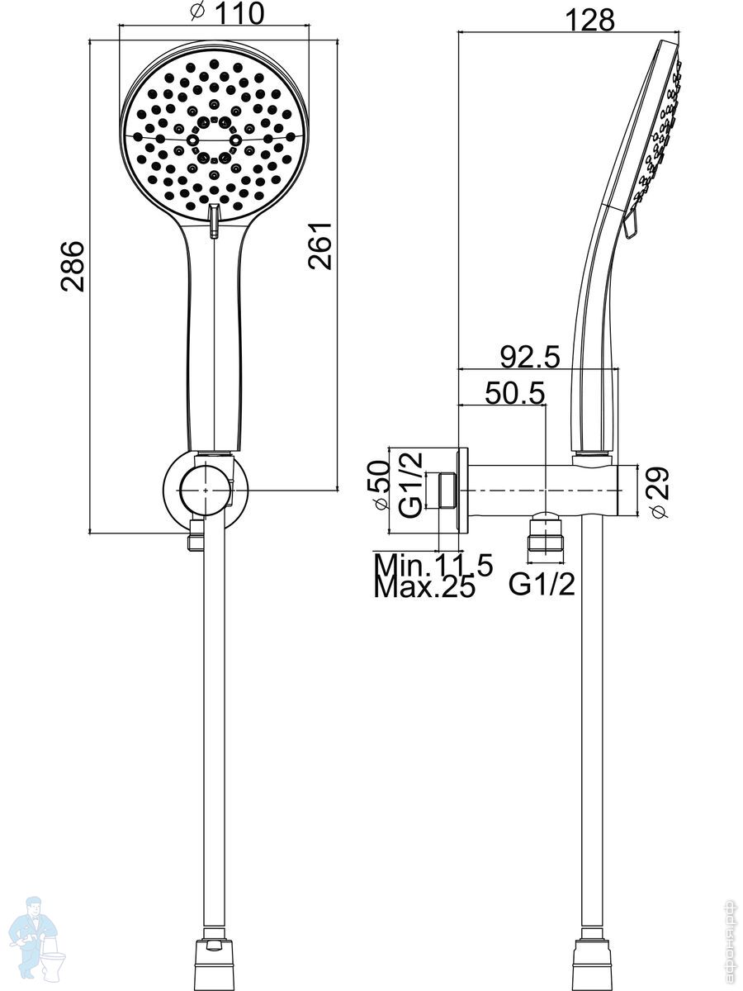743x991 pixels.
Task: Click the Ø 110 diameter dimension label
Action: click(x=226, y=12)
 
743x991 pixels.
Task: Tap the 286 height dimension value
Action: click(x=72, y=267)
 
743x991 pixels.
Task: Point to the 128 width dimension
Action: click(x=589, y=21)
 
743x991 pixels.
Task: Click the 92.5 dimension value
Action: click(x=530, y=357)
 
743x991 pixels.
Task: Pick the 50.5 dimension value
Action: click(x=514, y=393)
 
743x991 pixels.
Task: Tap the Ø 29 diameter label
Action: click(x=659, y=493)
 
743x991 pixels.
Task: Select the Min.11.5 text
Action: click(x=433, y=565)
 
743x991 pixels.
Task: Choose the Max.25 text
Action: click(x=425, y=587)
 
